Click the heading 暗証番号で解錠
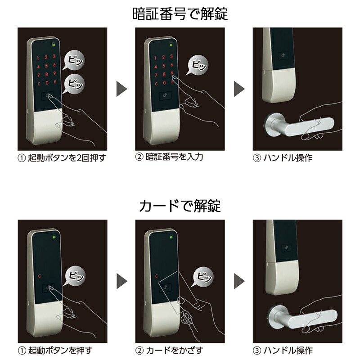click(180, 14)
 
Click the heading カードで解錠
click(180, 206)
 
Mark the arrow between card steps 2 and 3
click(239, 282)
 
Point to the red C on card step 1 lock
click(40, 276)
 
